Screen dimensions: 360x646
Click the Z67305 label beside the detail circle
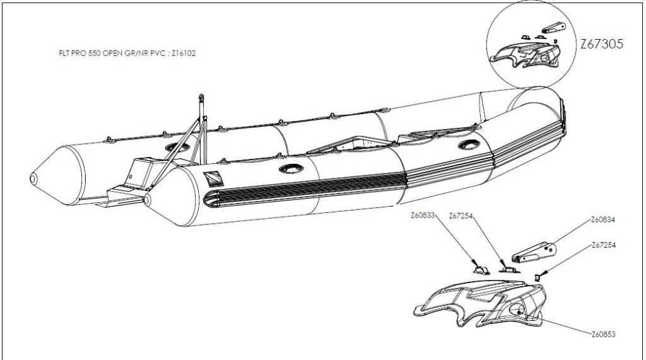click(602, 45)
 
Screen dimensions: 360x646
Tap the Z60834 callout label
click(602, 220)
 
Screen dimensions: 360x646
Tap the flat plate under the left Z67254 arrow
click(507, 269)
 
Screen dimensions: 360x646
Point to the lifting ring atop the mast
click(203, 98)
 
